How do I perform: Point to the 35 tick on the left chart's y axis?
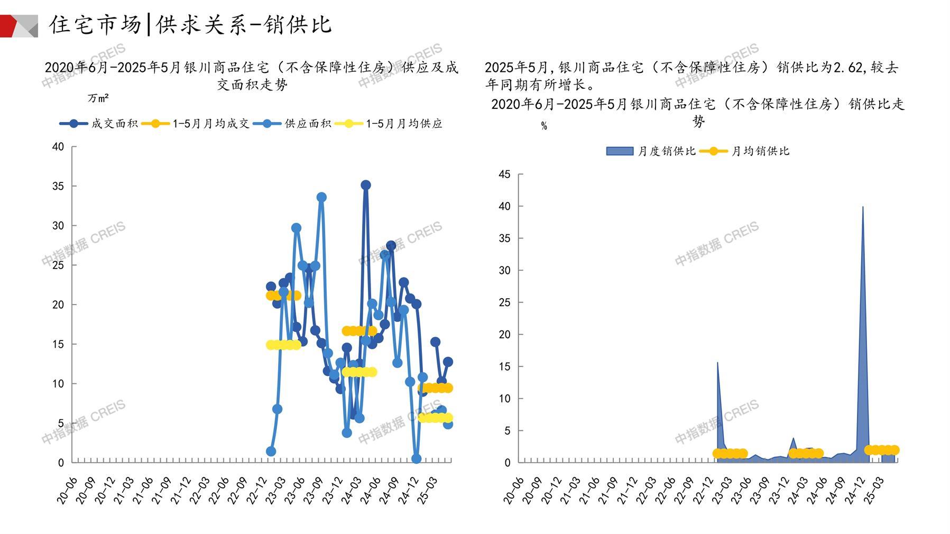tap(58, 186)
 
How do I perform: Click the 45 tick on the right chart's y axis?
tap(505, 174)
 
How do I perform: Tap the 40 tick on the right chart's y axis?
tap(505, 206)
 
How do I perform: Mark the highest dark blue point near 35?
tap(366, 185)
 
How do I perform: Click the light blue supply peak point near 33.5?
tap(321, 197)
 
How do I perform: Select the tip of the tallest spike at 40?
tap(863, 207)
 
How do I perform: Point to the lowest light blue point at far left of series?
tap(271, 452)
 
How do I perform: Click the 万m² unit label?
tap(98, 98)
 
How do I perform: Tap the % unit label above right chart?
tap(544, 126)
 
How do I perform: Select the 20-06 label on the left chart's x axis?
tap(67, 490)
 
